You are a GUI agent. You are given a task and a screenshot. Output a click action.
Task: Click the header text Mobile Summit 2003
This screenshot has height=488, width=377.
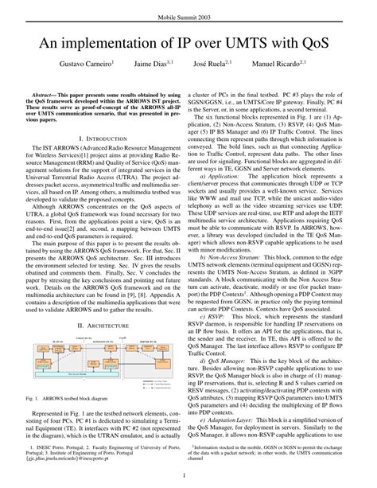click(188, 15)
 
